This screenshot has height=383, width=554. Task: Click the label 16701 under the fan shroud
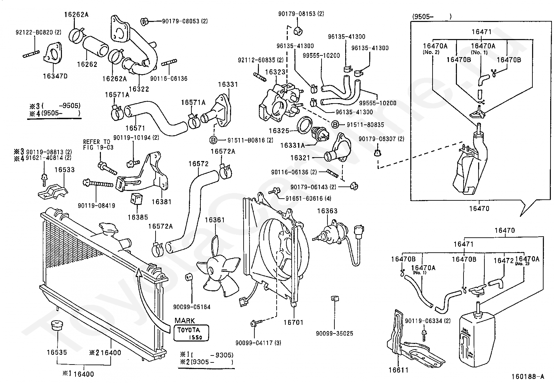(293, 322)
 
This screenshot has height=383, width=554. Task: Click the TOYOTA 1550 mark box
(191, 333)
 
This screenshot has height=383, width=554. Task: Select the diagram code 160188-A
(527, 376)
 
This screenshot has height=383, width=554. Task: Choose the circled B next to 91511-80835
(335, 124)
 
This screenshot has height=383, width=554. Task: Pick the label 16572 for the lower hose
(198, 164)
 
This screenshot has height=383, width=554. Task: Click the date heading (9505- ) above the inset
(432, 16)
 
